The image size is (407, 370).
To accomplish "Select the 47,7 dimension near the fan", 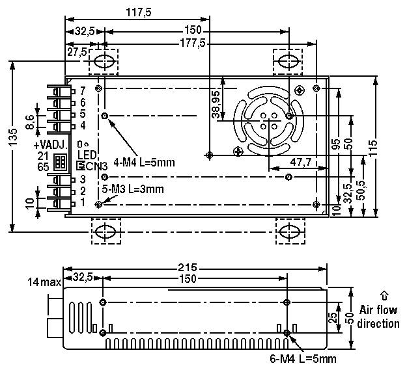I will [300, 161].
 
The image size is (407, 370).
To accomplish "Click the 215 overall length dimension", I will [188, 267].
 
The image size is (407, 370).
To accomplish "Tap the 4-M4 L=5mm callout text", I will [144, 162].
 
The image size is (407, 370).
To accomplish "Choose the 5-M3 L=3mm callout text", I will [133, 189].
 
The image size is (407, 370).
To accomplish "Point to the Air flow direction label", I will [378, 317].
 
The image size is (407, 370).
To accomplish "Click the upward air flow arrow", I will [384, 295].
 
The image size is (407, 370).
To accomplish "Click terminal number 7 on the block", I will [82, 92].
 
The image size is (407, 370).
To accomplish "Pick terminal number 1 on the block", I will [82, 202].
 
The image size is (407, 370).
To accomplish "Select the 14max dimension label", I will [43, 282].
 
